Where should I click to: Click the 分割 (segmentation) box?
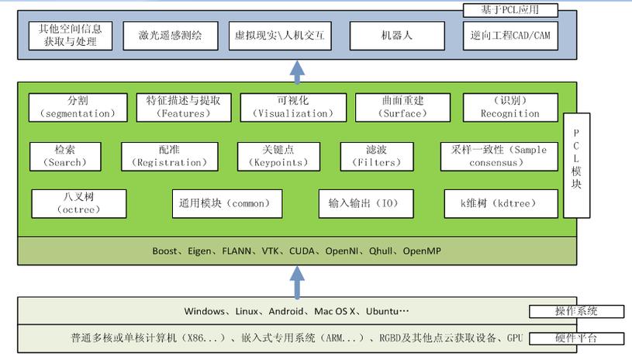[x=78, y=107]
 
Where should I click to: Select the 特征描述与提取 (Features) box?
[x=183, y=107]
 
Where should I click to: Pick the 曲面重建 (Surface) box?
[x=402, y=107]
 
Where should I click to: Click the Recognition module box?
[x=509, y=107]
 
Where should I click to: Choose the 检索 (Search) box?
[x=66, y=156]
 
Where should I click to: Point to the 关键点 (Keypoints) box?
[x=278, y=156]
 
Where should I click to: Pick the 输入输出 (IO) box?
[x=359, y=203]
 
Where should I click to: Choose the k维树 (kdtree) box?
[x=500, y=203]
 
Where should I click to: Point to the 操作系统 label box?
[x=576, y=311]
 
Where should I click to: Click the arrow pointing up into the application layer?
[x=297, y=71]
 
